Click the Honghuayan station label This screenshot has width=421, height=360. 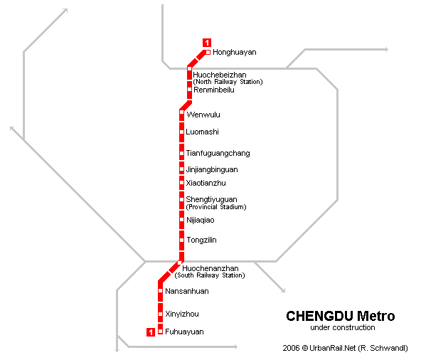[x=235, y=52]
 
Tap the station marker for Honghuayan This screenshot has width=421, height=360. [x=208, y=52]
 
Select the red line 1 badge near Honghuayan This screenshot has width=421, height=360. [x=207, y=43]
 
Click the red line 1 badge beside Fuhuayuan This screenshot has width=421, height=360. [x=151, y=332]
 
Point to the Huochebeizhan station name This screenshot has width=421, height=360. [x=220, y=75]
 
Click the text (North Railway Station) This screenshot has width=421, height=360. [x=228, y=82]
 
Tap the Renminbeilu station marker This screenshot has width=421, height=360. [x=189, y=90]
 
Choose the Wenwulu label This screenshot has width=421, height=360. [x=203, y=115]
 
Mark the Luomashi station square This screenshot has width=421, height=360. [x=182, y=132]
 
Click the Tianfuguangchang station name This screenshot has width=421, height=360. [x=218, y=153]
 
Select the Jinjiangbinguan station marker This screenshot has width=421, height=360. [x=182, y=169]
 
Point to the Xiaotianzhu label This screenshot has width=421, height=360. [x=206, y=183]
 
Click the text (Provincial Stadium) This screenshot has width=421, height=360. [x=216, y=207]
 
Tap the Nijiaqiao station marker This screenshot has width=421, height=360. [x=182, y=220]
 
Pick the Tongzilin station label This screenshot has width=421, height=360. [x=202, y=240]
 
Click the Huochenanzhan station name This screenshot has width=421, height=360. [x=210, y=268]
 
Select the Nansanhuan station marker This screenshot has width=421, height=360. [x=160, y=291]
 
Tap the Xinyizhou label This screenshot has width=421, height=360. [x=182, y=314]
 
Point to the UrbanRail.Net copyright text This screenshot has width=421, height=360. [x=346, y=348]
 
